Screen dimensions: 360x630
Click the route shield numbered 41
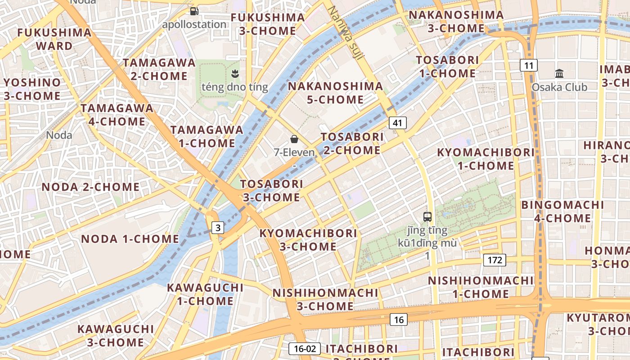pyautogui.click(x=397, y=122)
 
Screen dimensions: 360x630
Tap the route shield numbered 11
pyautogui.click(x=529, y=66)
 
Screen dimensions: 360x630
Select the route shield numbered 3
pyautogui.click(x=218, y=228)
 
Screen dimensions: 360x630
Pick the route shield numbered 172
pyautogui.click(x=495, y=260)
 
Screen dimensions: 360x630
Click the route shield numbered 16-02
pyautogui.click(x=305, y=348)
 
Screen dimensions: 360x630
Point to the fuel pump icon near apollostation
pyautogui.click(x=194, y=11)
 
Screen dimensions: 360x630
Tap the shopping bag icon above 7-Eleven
pyautogui.click(x=294, y=139)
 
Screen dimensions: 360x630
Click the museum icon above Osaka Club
pyautogui.click(x=559, y=73)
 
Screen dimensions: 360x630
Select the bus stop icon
pyautogui.click(x=427, y=217)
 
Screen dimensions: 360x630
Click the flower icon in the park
pyautogui.click(x=234, y=73)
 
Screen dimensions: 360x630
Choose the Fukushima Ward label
pyautogui.click(x=54, y=39)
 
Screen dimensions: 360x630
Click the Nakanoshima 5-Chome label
pyautogui.click(x=335, y=93)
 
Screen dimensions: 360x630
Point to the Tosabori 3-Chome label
pyautogui.click(x=272, y=190)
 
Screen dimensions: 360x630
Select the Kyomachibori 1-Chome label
pyautogui.click(x=486, y=159)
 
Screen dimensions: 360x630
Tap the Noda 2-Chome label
pyautogui.click(x=90, y=187)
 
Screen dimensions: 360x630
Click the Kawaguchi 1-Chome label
pyautogui.click(x=205, y=294)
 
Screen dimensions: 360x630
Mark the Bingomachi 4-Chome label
pyautogui.click(x=562, y=211)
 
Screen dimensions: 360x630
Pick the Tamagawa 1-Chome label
pyautogui.click(x=207, y=136)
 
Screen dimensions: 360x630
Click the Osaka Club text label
pyautogui.click(x=559, y=87)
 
